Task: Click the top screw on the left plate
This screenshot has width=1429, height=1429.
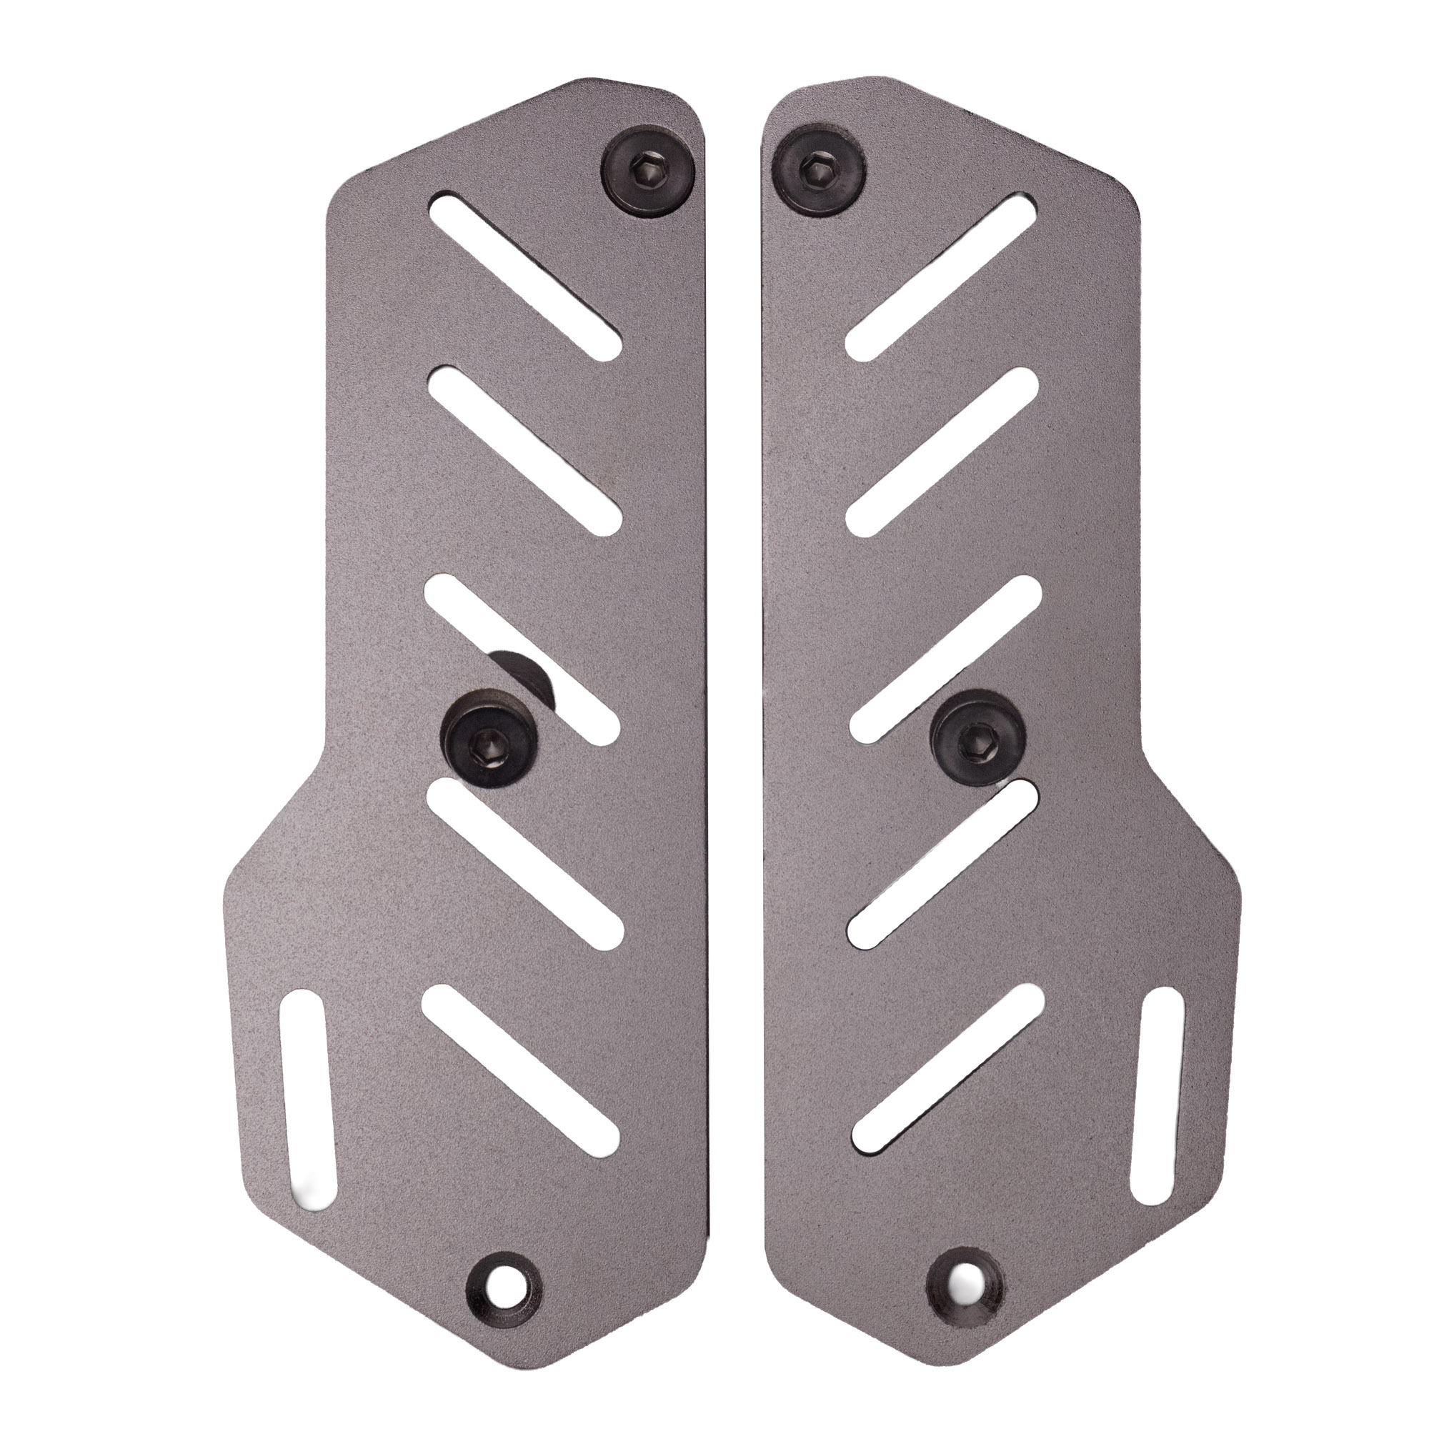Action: (648, 172)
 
